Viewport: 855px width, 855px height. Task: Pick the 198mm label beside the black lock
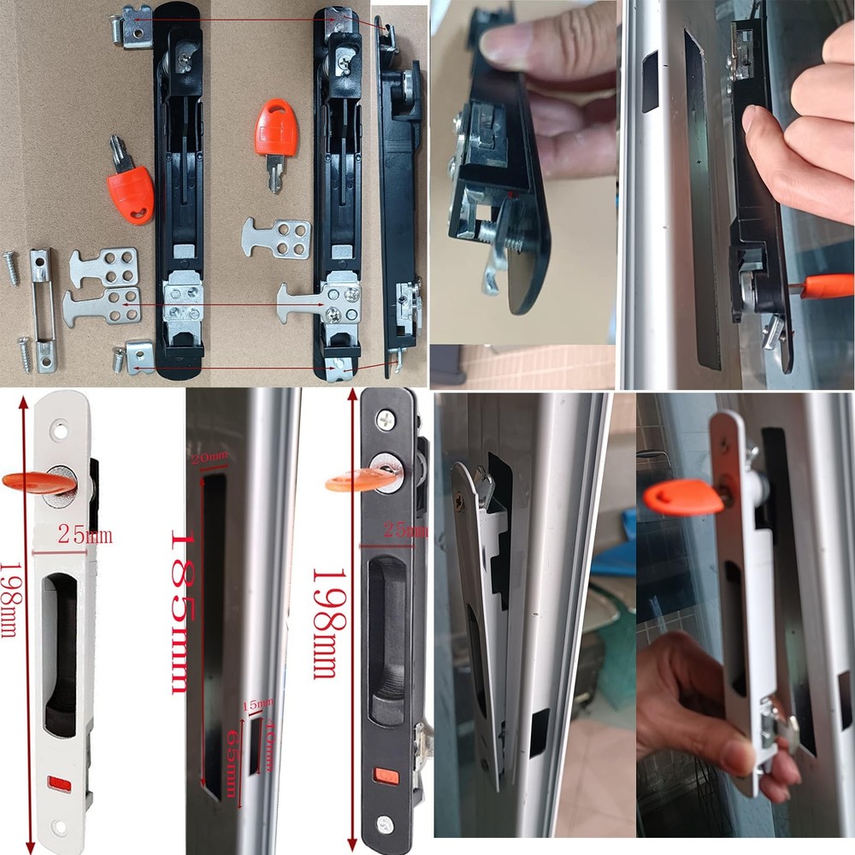324,623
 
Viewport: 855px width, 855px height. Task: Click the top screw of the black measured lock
386,420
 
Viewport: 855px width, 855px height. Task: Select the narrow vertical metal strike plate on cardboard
44,310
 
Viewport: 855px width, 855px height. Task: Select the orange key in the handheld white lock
683,497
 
